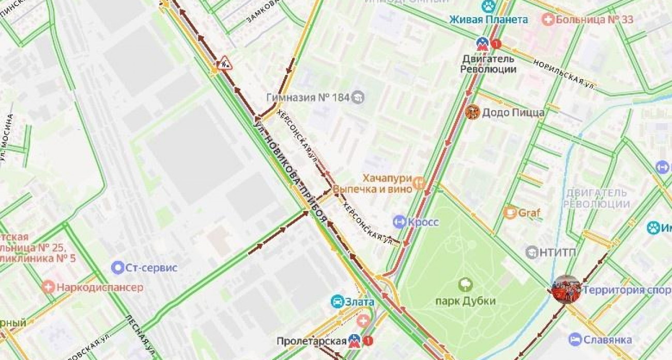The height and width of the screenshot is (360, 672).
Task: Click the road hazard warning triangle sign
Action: (224, 63)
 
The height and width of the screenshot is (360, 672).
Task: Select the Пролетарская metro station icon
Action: (354, 341)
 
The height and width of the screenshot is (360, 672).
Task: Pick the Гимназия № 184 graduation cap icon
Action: (358, 97)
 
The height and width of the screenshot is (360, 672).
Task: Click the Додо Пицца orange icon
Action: (472, 112)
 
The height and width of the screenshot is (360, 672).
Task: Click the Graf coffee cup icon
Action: (510, 212)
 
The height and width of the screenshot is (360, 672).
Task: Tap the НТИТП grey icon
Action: (532, 252)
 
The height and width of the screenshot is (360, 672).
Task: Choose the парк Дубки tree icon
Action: (465, 284)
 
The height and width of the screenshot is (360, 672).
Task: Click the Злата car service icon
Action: (338, 301)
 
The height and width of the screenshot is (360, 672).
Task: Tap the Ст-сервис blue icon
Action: (118, 267)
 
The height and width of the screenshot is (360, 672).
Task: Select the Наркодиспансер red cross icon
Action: (49, 287)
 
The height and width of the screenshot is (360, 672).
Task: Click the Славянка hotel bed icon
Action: (575, 340)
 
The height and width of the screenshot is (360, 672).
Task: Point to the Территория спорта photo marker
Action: (567, 290)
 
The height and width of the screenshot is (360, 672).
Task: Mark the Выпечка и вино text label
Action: (372, 189)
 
